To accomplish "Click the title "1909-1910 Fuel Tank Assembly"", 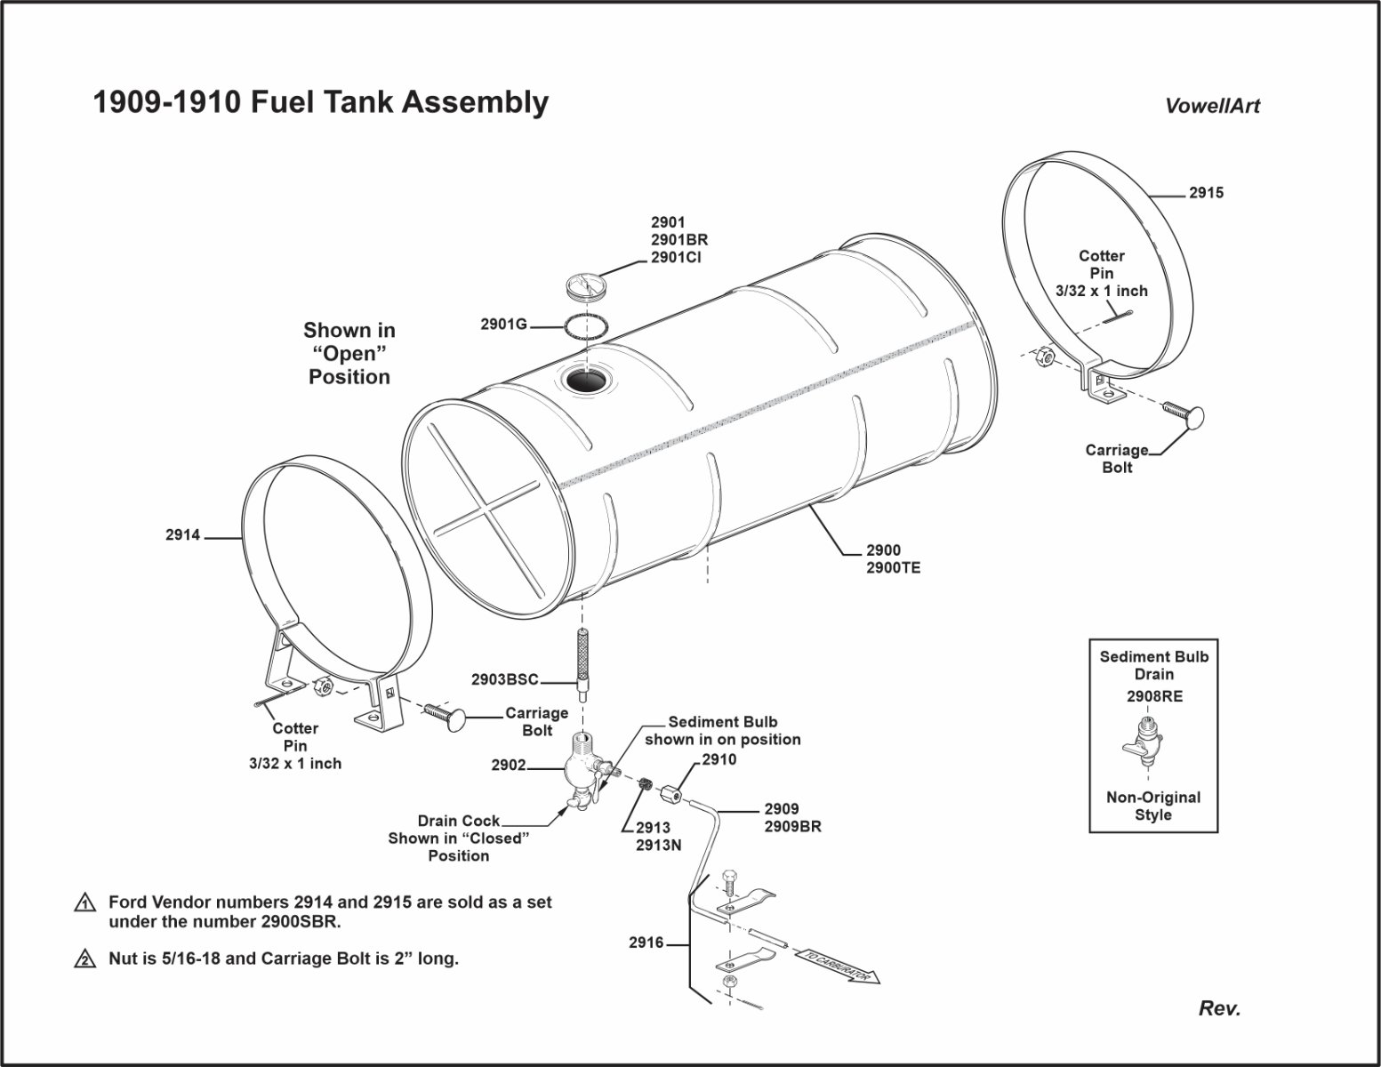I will (x=321, y=103).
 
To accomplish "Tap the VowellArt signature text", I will (x=1212, y=106).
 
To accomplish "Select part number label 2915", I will (x=1206, y=193).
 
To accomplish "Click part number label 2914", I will (x=183, y=535).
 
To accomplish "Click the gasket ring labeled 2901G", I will (x=587, y=325).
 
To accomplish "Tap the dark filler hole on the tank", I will (x=585, y=382).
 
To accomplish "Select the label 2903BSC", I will (x=505, y=680).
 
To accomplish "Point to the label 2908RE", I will (x=1154, y=697).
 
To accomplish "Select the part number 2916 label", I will (x=646, y=943).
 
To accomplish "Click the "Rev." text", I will (x=1219, y=1008).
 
